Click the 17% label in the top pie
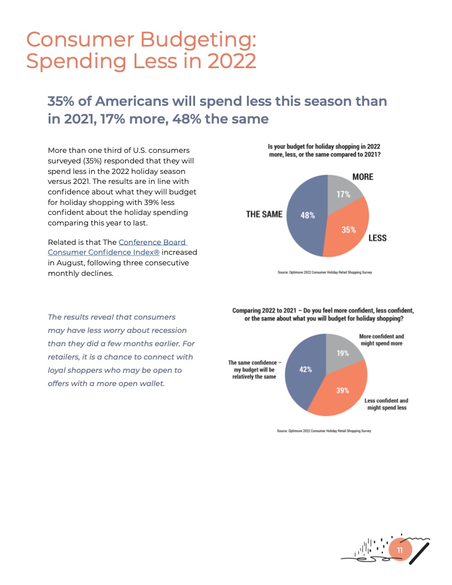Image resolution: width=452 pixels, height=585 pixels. (343, 194)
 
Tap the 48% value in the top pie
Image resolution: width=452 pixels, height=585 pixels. (308, 215)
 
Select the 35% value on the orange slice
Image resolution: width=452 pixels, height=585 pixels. (348, 229)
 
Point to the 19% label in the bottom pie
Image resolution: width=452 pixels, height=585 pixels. (343, 353)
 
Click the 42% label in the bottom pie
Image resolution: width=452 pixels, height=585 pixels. (306, 370)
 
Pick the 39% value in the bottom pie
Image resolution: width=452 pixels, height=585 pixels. (342, 390)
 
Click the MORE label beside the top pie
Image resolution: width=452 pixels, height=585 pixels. (363, 177)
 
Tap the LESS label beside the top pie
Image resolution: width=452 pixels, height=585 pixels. (377, 238)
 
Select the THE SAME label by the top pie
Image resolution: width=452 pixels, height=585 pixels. (264, 214)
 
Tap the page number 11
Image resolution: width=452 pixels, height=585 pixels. (400, 550)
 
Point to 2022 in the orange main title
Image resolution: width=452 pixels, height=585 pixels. (232, 61)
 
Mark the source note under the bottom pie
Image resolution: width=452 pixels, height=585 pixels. (324, 430)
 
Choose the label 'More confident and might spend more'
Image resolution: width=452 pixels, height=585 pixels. (382, 340)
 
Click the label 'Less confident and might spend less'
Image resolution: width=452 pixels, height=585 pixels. (386, 404)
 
